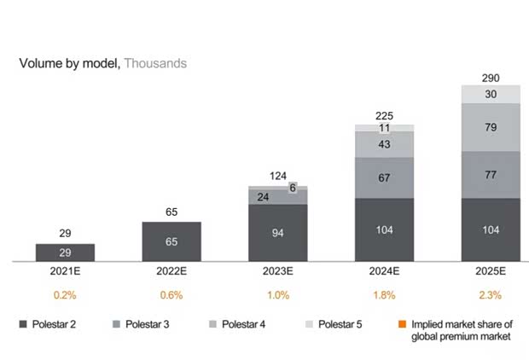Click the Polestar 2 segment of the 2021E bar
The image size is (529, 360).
(x=65, y=253)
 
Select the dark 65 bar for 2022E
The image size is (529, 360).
(x=171, y=241)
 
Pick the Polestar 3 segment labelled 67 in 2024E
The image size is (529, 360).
(x=384, y=177)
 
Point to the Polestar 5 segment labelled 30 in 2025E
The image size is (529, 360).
(x=491, y=95)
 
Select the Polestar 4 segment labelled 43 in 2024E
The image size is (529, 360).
(x=384, y=145)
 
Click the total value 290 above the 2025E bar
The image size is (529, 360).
(x=491, y=76)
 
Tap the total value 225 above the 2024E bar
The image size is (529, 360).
(x=384, y=116)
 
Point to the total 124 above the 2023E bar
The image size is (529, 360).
(x=278, y=176)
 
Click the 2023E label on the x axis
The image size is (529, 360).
(x=278, y=273)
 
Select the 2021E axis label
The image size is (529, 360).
(x=65, y=273)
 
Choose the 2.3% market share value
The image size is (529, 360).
(x=491, y=295)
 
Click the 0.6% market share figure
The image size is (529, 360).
(x=171, y=295)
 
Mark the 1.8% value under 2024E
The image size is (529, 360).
(x=384, y=295)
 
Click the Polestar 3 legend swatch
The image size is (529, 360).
(x=117, y=325)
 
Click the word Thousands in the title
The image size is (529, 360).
(x=155, y=63)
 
